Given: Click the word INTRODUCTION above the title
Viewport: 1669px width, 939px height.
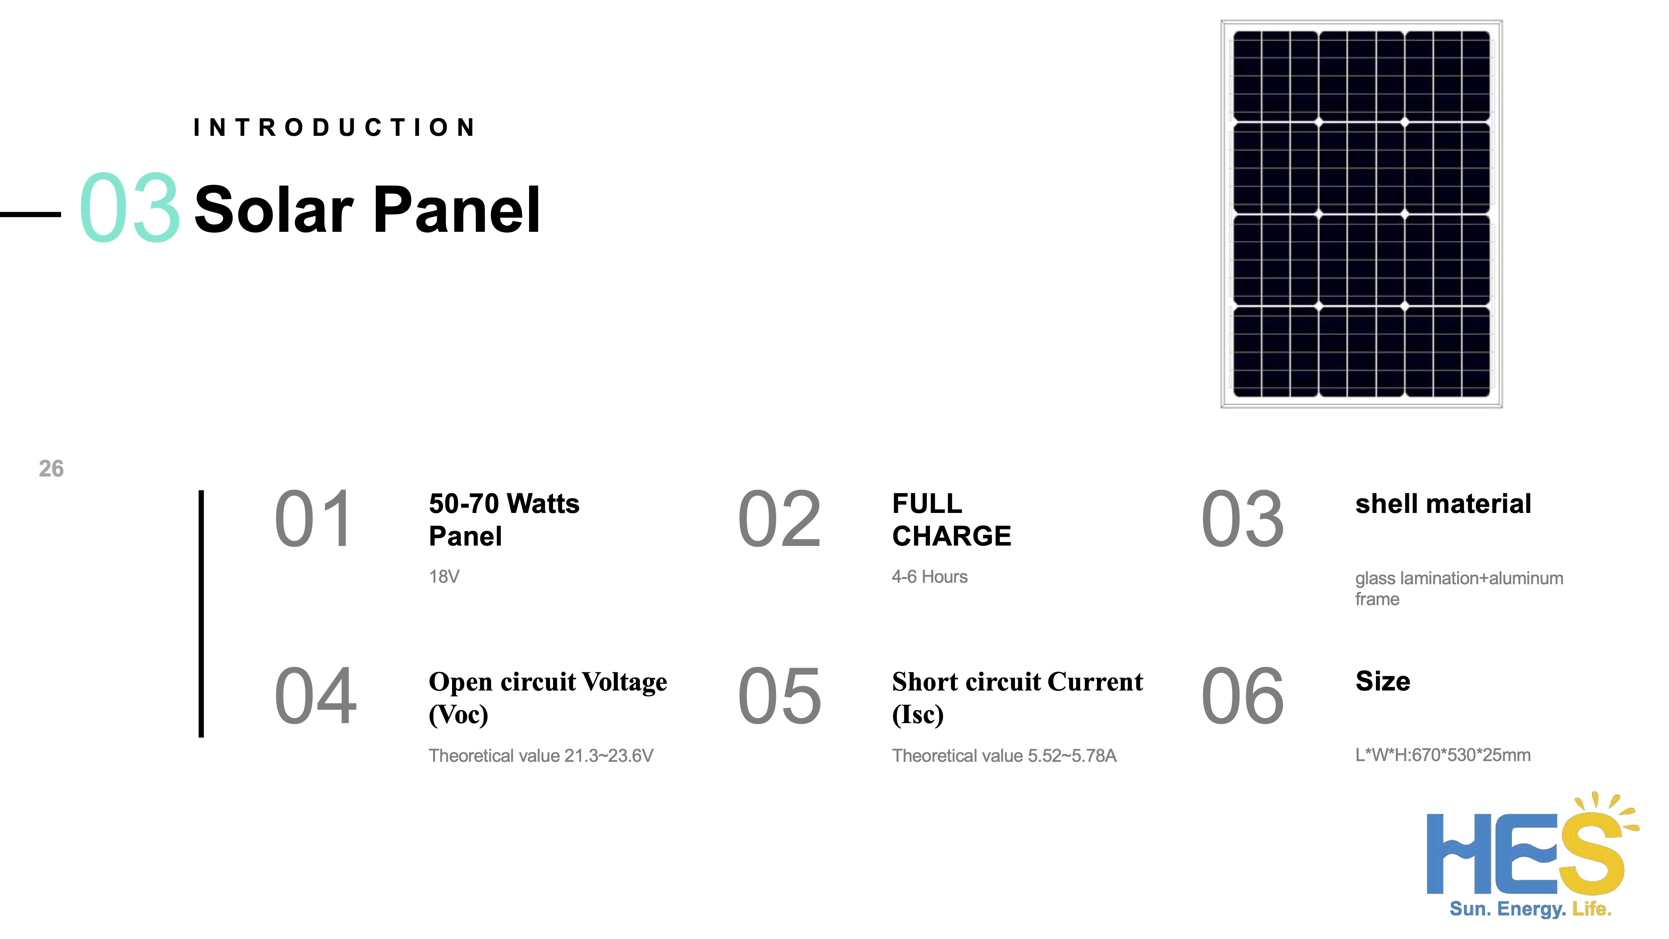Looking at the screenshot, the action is click(x=334, y=127).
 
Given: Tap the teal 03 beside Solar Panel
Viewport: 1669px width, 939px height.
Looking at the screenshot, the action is click(x=129, y=209).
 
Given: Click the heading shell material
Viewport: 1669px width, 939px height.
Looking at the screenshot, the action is click(x=1443, y=504).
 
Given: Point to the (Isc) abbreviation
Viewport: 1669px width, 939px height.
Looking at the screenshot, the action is click(x=917, y=715).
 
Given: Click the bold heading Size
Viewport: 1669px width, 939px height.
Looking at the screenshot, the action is click(x=1383, y=681).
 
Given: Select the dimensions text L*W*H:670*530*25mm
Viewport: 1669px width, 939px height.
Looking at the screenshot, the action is click(x=1443, y=755).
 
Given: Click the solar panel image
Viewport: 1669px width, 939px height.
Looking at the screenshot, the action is click(x=1361, y=214).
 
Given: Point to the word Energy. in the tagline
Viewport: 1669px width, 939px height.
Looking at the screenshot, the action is click(x=1532, y=909).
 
